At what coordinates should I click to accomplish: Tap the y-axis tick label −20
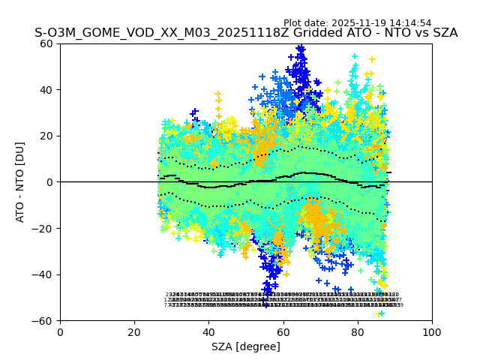[44, 229]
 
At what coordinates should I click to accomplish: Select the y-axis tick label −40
[44, 274]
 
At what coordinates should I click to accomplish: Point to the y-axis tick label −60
[44, 321]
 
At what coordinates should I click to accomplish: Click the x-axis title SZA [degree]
[245, 346]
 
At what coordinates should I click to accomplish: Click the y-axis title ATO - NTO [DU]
[20, 182]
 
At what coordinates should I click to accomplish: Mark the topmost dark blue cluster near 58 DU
[301, 50]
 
